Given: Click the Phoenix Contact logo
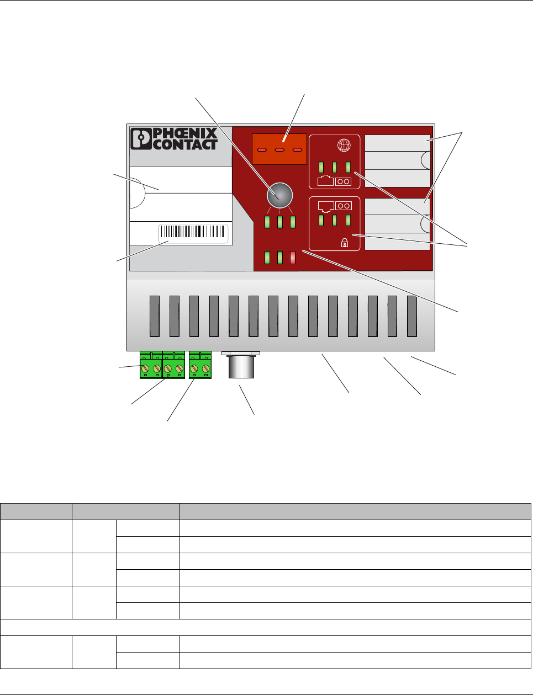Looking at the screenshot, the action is (x=174, y=139).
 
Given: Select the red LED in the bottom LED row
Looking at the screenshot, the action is (x=293, y=258).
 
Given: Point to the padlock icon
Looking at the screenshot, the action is (x=345, y=241).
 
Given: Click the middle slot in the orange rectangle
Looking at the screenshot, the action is (x=279, y=150).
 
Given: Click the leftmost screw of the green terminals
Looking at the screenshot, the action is (x=146, y=368).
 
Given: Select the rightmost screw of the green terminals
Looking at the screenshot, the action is (x=206, y=368).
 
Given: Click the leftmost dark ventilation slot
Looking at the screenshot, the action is (x=155, y=316).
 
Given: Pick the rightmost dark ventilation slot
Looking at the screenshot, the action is (x=411, y=316).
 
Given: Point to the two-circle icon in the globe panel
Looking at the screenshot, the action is (x=343, y=181).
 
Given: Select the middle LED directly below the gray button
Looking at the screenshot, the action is (x=280, y=222).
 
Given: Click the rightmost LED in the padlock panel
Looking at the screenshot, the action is (x=349, y=220).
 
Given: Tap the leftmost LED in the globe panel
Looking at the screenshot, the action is (x=321, y=167).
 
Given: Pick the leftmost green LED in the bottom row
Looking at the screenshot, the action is (x=267, y=258).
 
